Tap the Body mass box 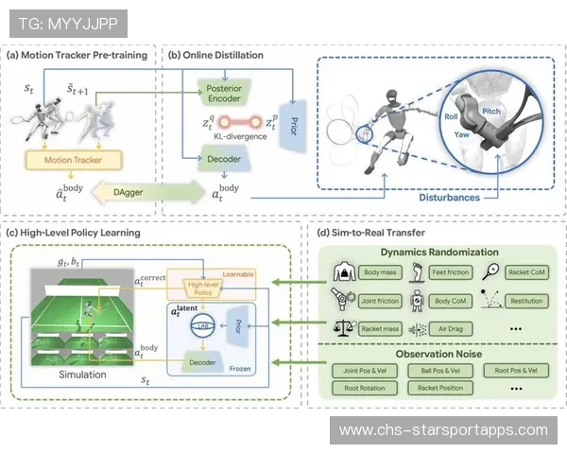[380, 272]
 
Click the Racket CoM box [527, 272]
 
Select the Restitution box [527, 300]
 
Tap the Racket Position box [442, 388]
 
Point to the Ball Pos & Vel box [442, 370]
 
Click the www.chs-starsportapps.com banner [443, 430]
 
